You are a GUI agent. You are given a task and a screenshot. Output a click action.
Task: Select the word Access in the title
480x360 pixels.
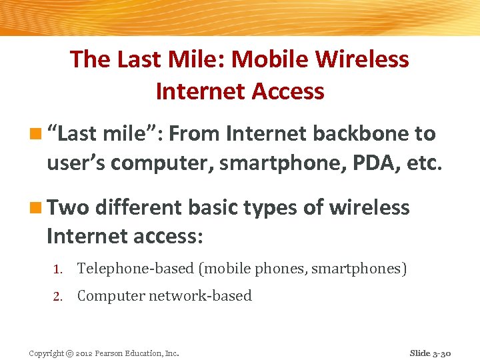[x=283, y=91]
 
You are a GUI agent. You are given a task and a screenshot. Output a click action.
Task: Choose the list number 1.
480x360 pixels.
[x=58, y=269]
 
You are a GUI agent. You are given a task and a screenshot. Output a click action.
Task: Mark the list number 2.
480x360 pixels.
[x=58, y=297]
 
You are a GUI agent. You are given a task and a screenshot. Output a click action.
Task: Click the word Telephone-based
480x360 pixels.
[x=135, y=269]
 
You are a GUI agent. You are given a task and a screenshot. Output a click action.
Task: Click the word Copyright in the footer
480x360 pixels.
[x=47, y=353]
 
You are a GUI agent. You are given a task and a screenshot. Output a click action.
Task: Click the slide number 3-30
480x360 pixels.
[x=440, y=353]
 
